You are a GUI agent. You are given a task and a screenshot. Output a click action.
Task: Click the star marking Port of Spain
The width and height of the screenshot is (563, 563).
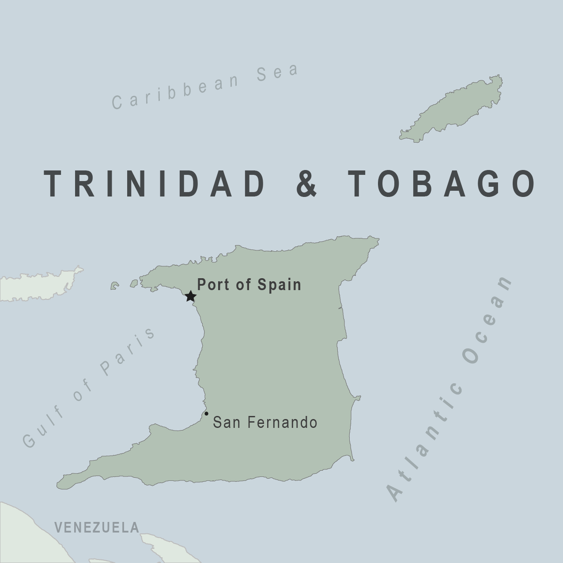(x=190, y=296)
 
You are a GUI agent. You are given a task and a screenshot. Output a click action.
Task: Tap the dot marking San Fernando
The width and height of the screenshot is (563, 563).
(x=206, y=414)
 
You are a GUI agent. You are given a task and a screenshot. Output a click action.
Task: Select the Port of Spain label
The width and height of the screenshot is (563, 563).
(x=249, y=285)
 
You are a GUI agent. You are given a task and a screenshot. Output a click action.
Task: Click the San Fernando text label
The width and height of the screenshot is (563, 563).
(x=265, y=423)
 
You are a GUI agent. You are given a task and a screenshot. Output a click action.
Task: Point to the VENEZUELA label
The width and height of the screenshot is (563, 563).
(x=97, y=527)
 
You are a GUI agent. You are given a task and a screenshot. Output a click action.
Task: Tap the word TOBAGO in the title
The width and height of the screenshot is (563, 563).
(x=442, y=183)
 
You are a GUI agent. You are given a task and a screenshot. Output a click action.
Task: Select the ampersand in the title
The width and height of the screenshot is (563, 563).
(x=306, y=183)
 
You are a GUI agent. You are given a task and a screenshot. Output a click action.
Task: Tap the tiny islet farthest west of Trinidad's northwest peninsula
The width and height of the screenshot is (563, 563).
(x=114, y=286)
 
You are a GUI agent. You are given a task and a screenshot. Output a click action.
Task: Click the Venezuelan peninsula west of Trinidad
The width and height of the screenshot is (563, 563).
(x=40, y=285)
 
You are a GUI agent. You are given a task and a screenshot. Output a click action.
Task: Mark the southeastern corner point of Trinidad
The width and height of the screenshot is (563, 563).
(x=352, y=459)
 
